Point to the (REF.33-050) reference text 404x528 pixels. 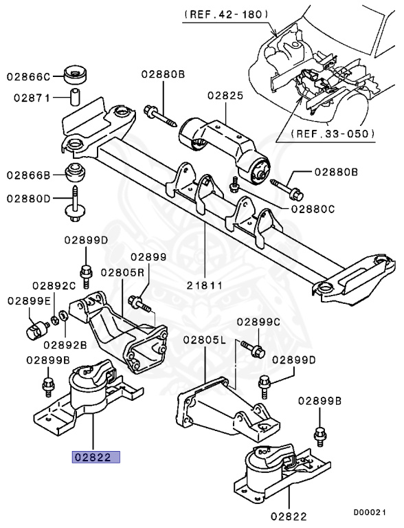pos(333,133)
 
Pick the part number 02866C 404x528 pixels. pos(30,76)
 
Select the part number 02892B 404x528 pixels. pos(65,344)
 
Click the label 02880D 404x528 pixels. pos(30,199)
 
